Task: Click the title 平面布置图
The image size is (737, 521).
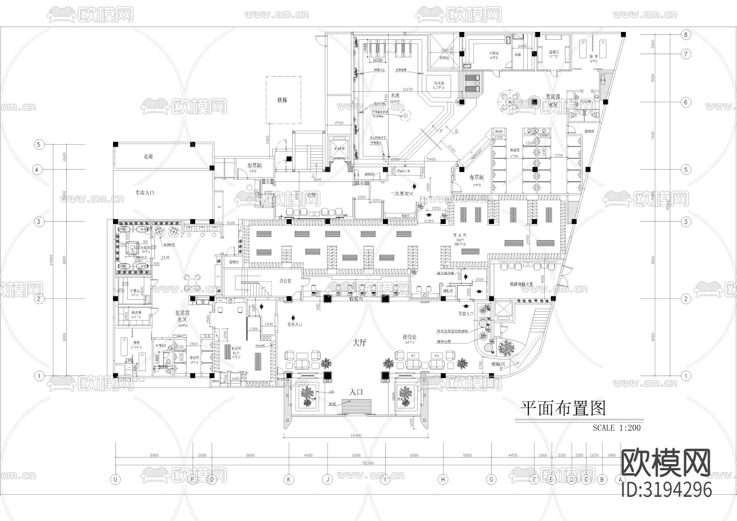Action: tap(563, 408)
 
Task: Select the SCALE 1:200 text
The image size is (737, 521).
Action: tap(617, 428)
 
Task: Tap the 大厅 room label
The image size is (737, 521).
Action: tap(359, 343)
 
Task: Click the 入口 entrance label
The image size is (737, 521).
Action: tap(356, 392)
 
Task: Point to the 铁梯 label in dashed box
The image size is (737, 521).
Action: tap(283, 100)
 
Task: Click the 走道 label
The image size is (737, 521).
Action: tap(148, 156)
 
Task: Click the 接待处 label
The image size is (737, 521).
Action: tap(409, 337)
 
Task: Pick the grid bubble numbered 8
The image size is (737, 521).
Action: tap(686, 35)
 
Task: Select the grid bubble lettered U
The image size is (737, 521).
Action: tap(116, 480)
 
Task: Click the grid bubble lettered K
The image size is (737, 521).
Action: tap(289, 480)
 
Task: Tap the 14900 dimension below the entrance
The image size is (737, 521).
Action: tap(356, 435)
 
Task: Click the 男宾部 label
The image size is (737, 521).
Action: tap(553, 97)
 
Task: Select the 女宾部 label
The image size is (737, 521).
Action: tap(183, 313)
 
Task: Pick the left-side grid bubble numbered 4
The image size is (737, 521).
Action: tap(38, 170)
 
